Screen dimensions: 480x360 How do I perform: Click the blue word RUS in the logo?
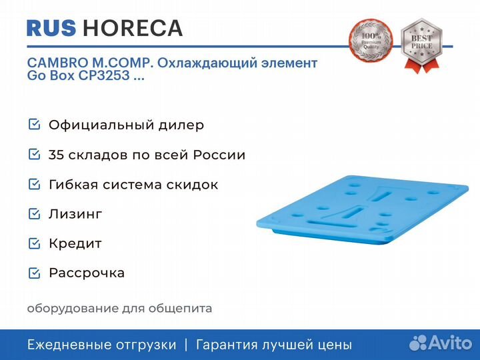tap(51, 28)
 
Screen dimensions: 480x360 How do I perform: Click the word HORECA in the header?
tap(133, 28)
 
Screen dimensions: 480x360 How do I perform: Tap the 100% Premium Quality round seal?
tap(371, 40)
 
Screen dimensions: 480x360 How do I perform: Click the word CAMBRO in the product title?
tap(57, 63)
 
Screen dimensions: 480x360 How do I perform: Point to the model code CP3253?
tap(104, 75)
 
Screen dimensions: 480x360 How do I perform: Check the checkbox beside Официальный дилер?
tap(34, 125)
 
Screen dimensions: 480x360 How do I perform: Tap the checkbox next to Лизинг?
tap(34, 214)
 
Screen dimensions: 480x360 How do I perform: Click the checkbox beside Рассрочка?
tap(34, 273)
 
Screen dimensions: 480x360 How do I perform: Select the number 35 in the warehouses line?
tap(56, 155)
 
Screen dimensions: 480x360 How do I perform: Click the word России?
tap(219, 155)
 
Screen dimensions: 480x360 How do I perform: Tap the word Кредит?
tap(75, 244)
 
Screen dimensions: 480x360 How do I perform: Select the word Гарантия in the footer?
tap(227, 345)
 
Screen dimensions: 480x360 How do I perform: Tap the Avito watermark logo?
tap(441, 343)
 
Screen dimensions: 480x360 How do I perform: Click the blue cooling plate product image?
tap(362, 210)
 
